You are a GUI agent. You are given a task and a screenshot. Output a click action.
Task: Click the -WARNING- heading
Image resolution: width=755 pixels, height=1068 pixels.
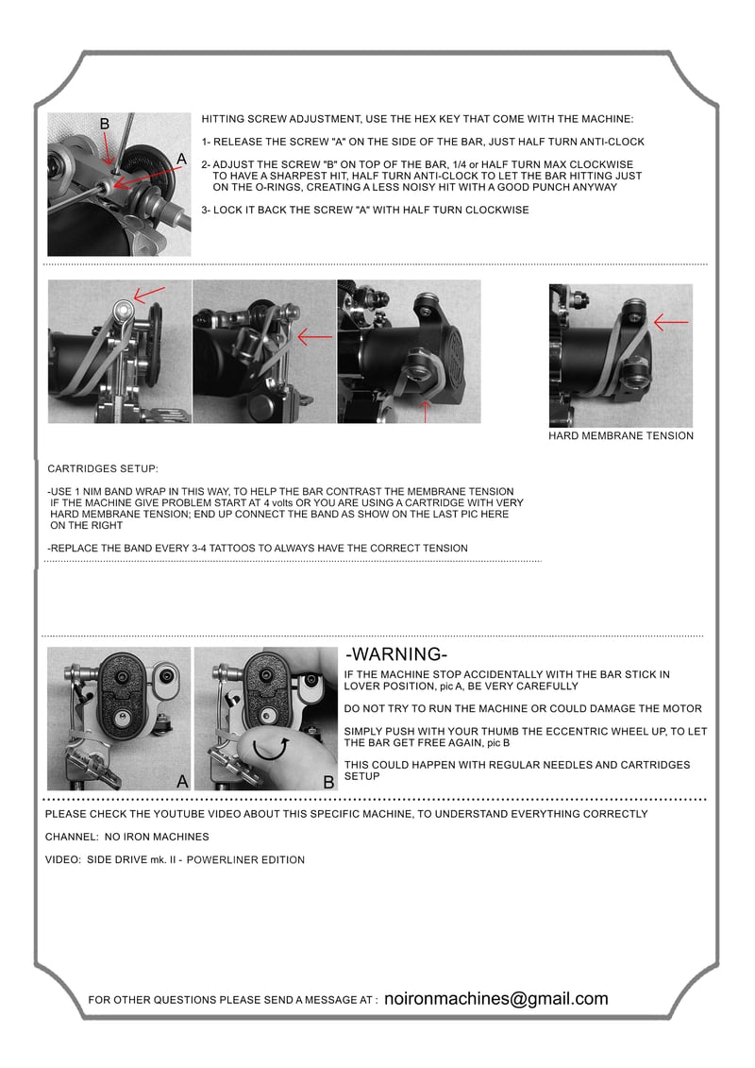pos(396,653)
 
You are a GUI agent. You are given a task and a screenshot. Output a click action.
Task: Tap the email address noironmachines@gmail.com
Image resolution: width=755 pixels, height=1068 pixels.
pos(496,998)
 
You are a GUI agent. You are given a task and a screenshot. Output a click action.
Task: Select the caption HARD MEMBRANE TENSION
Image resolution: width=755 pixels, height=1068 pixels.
pos(621,436)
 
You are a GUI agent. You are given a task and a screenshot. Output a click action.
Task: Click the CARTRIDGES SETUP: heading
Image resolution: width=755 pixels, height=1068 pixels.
pos(103,468)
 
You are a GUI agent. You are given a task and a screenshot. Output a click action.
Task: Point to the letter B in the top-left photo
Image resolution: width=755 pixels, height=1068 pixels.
pos(105,124)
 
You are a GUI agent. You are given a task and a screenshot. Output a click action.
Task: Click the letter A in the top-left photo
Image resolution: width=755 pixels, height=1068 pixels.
pos(181,160)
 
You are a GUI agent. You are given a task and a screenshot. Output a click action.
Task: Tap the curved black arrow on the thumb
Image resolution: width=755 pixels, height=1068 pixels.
pos(270,749)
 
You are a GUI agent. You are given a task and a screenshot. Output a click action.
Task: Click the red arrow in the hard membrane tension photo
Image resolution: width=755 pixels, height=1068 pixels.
pos(671,321)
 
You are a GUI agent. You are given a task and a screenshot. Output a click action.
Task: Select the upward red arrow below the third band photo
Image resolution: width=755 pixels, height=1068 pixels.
pos(426,413)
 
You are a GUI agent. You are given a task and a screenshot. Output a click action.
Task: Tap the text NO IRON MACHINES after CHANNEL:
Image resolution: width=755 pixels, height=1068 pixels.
pos(157,837)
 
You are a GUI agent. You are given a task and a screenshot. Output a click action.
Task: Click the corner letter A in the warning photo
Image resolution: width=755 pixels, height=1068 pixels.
pos(182,781)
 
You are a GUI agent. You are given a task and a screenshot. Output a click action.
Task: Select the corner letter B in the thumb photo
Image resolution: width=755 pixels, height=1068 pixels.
pos(328,783)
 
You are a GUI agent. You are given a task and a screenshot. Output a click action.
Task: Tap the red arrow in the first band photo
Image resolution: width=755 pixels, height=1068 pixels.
pos(149,295)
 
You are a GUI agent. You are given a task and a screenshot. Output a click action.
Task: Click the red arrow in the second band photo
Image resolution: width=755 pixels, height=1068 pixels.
pos(315,336)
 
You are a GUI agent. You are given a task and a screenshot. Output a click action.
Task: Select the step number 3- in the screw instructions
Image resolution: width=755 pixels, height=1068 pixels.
pos(206,210)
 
